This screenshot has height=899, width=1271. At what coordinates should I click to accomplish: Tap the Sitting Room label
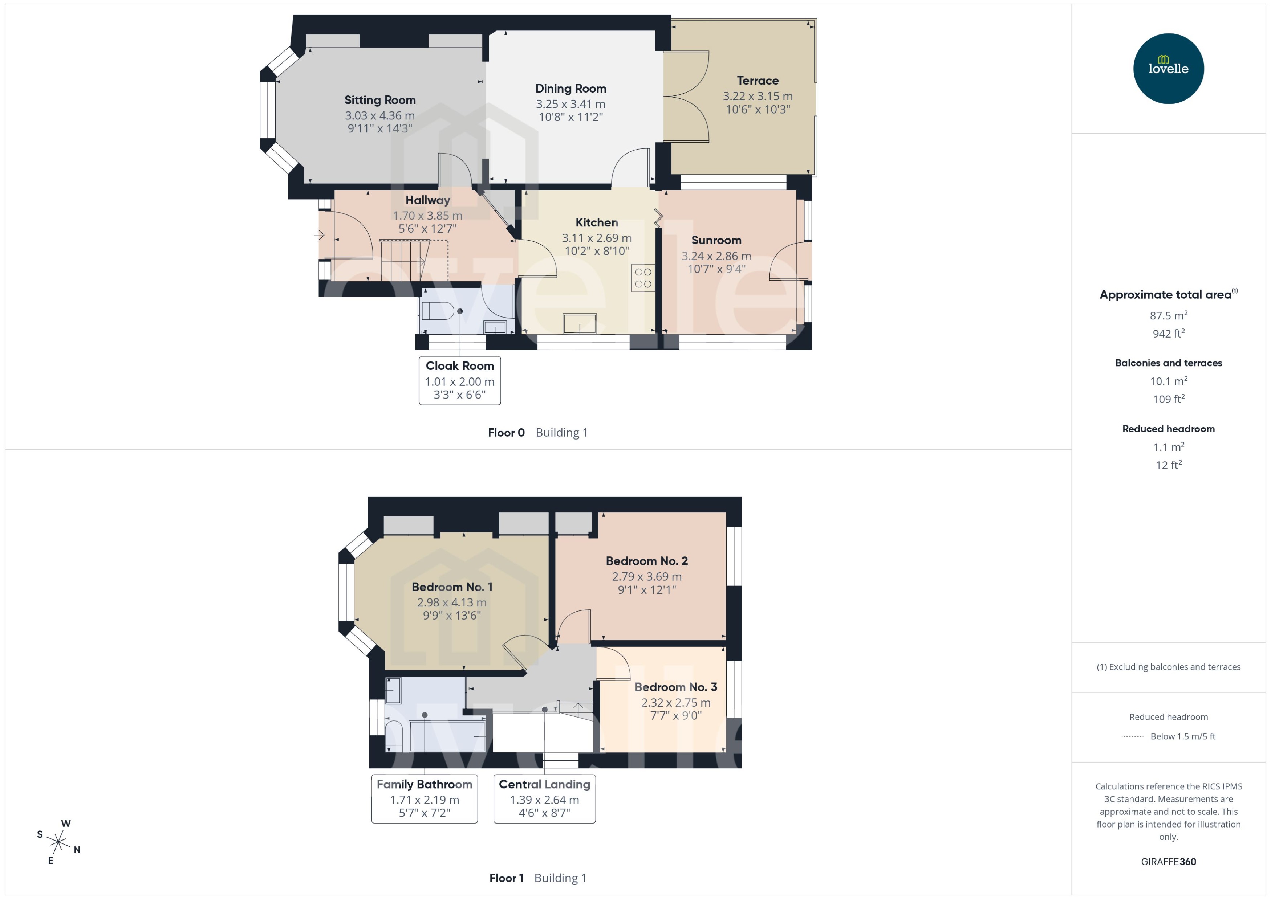(x=379, y=100)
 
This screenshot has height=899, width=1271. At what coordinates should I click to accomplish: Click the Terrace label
(x=757, y=81)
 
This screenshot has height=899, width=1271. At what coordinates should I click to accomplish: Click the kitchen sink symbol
(x=579, y=323)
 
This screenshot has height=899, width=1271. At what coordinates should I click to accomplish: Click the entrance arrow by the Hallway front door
(x=320, y=235)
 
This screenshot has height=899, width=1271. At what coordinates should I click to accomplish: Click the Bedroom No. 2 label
(x=646, y=561)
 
